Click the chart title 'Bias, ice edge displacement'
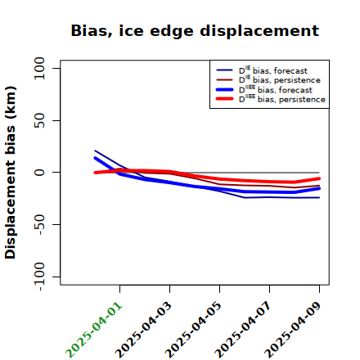coord(195,31)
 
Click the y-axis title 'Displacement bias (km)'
coord(11,173)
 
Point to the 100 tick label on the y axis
coord(39,68)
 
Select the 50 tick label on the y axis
coord(39,120)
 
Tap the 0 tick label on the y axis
coord(39,173)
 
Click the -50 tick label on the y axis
coord(40,224)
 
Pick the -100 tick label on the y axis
coord(40,277)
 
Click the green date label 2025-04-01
coord(94,330)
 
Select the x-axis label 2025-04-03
coord(143,330)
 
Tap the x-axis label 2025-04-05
coord(193,330)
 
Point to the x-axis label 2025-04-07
coord(243,330)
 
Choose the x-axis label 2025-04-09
coord(293,330)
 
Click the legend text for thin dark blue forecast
coord(273,70)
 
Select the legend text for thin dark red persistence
coord(280,79)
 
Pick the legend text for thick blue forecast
coord(276,89)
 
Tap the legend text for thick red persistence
coord(282,99)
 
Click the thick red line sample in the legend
coord(225,99)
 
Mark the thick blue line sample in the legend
coord(225,89)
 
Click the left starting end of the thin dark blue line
coord(95,151)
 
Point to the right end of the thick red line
coord(319,178)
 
